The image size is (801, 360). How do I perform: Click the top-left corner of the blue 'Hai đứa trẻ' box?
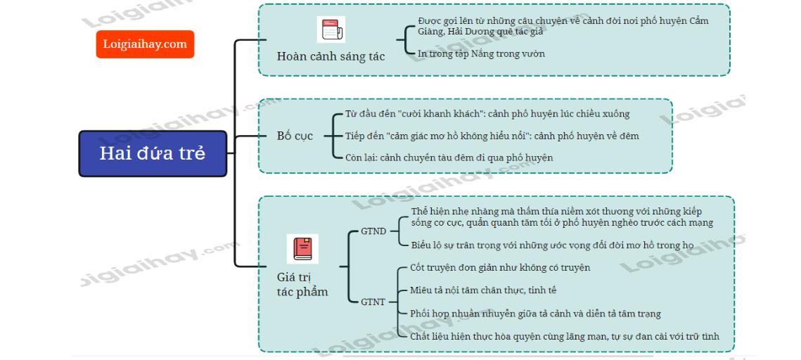pyautogui.click(x=79, y=131)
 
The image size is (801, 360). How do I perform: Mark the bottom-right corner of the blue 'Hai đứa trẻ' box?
pyautogui.click(x=227, y=176)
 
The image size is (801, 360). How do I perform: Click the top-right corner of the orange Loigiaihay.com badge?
pyautogui.click(x=194, y=31)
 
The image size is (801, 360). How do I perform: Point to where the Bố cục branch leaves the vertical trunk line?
pyautogui.click(x=235, y=136)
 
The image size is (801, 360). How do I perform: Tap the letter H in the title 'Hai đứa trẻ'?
pyautogui.click(x=105, y=153)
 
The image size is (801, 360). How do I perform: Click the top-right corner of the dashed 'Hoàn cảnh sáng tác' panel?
pyautogui.click(x=729, y=5)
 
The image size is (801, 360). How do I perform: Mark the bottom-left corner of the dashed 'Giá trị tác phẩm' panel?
pyautogui.click(x=259, y=352)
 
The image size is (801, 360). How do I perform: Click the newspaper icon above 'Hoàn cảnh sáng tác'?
pyautogui.click(x=331, y=30)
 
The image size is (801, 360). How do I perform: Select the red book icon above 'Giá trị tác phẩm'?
pyautogui.click(x=302, y=249)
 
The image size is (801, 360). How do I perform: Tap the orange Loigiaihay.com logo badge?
pyautogui.click(x=145, y=44)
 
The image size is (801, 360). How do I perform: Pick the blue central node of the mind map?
pyautogui.click(x=153, y=154)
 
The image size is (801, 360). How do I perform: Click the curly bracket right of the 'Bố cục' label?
pyautogui.click(x=336, y=136)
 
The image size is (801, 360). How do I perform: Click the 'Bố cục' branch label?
pyautogui.click(x=295, y=136)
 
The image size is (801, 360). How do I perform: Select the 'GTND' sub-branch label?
pyautogui.click(x=373, y=231)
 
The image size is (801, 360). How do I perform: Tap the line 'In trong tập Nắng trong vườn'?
pyautogui.click(x=481, y=53)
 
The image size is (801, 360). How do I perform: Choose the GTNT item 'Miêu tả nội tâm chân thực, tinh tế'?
pyautogui.click(x=483, y=290)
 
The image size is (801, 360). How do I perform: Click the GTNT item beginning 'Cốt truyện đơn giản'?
pyautogui.click(x=500, y=268)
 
